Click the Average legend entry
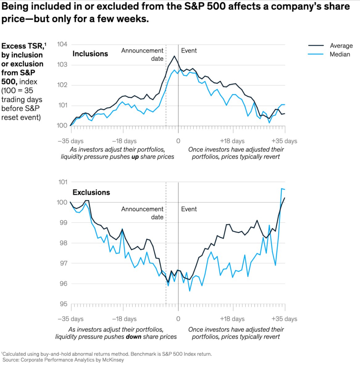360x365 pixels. tap(341, 46)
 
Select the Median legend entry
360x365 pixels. tap(340, 54)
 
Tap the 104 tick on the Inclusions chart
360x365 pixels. tap(62, 44)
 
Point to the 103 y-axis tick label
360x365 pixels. tap(62, 64)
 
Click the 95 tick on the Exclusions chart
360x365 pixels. tap(63, 304)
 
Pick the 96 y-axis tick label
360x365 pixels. tap(63, 284)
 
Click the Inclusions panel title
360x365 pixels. tap(90, 54)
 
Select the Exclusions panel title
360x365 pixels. tap(91, 192)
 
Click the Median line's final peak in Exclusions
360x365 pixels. tap(282, 189)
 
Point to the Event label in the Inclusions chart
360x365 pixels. tap(189, 51)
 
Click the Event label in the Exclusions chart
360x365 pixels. tap(189, 209)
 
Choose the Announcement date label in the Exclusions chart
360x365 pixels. tap(142, 213)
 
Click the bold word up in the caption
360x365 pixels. tap(135, 157)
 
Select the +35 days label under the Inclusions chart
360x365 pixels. tap(284, 141)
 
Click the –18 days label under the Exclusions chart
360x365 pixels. tap(124, 319)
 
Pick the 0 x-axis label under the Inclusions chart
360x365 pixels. tap(178, 141)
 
